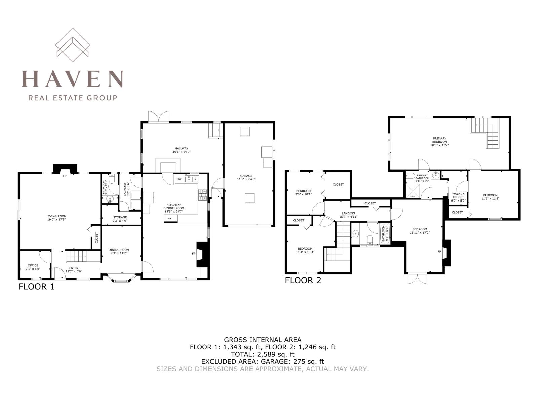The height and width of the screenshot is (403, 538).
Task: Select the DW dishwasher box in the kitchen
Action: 179,179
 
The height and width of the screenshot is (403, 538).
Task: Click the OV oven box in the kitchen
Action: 170,219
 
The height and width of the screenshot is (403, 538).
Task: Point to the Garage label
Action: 246,177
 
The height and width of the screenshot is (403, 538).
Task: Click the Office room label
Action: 33,267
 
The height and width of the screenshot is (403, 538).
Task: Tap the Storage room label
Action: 120,219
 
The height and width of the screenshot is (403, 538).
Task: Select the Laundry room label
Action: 126,189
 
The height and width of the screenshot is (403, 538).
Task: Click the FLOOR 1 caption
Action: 36,287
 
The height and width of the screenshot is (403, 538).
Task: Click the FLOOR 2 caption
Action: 303,280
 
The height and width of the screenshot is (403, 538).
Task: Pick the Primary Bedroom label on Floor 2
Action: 439,142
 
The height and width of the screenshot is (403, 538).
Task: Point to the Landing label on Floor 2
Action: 348,215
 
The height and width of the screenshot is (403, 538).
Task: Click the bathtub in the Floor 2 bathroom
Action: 383,234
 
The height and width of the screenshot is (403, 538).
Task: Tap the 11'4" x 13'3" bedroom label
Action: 305,250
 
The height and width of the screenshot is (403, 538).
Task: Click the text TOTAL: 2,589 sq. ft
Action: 263,354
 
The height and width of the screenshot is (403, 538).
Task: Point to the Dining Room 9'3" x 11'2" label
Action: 119,251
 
